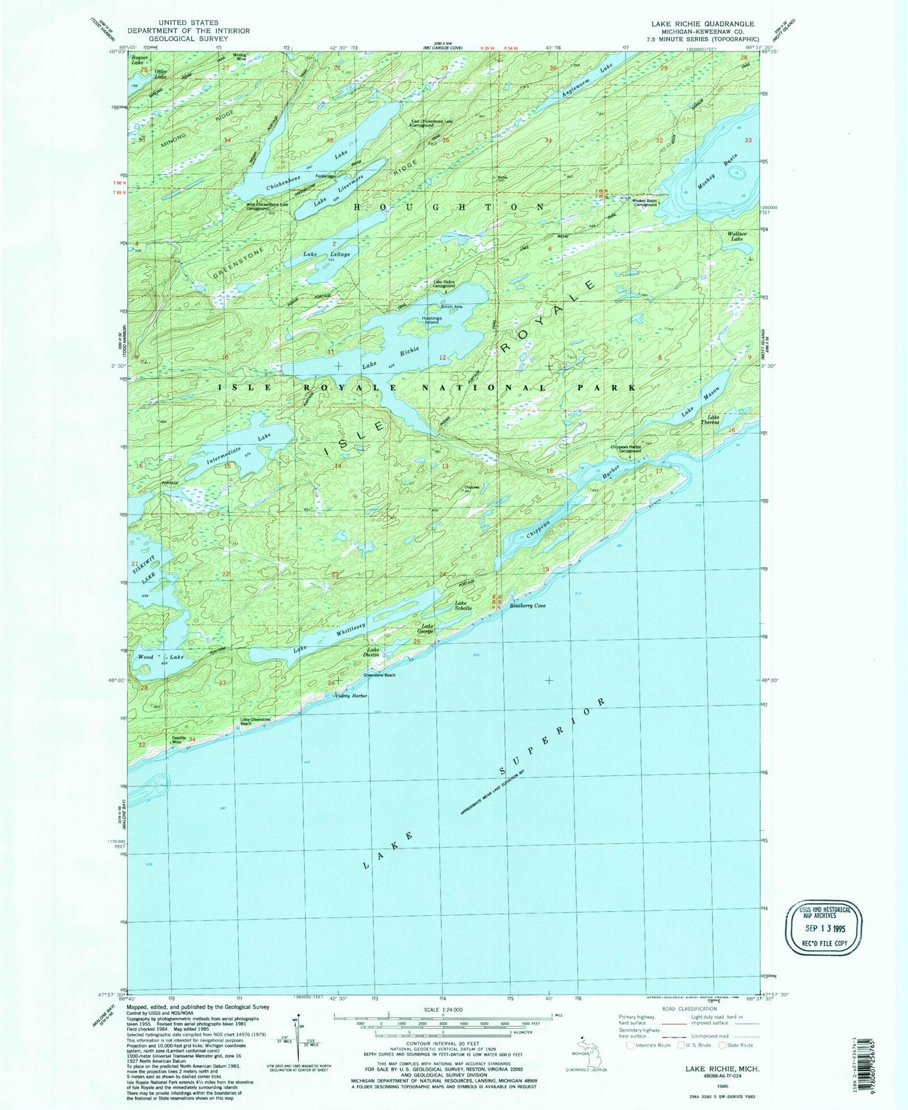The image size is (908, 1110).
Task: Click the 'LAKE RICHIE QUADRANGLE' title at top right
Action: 702,24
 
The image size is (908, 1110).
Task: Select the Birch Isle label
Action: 451,307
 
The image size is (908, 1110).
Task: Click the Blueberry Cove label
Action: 527,606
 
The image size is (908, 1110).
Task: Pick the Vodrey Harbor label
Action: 351,696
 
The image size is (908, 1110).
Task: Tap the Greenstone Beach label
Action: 380,675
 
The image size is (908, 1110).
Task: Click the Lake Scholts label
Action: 463,606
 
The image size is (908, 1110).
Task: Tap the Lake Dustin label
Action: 373,652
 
